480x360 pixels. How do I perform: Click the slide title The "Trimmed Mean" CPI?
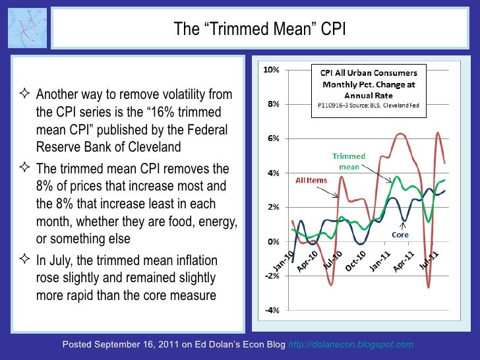(259, 29)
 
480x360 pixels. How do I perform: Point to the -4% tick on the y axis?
(270, 311)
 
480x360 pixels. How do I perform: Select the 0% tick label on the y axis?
(270, 242)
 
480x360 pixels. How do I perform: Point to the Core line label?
(401, 234)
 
